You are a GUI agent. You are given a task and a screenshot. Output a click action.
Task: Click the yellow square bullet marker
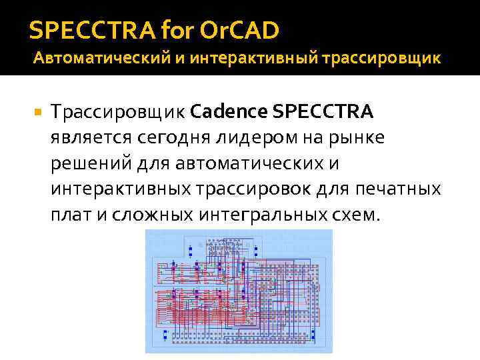tap(37, 111)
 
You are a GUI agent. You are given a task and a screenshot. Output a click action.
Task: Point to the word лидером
tap(254, 137)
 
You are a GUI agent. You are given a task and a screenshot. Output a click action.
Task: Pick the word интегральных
tap(263, 215)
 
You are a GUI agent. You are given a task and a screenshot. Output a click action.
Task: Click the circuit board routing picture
tap(239, 291)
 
